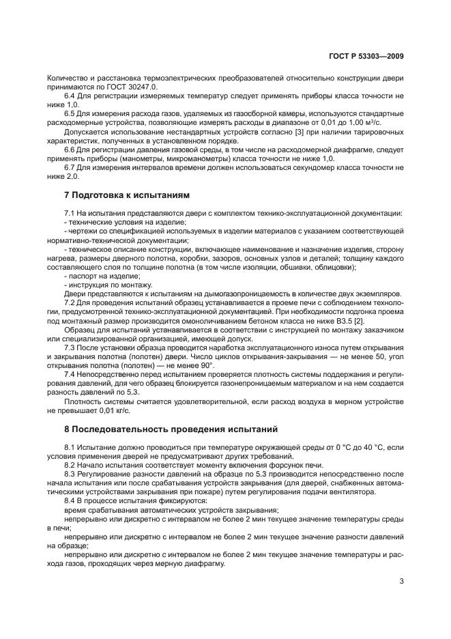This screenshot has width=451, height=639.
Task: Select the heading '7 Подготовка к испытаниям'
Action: click(123, 195)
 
